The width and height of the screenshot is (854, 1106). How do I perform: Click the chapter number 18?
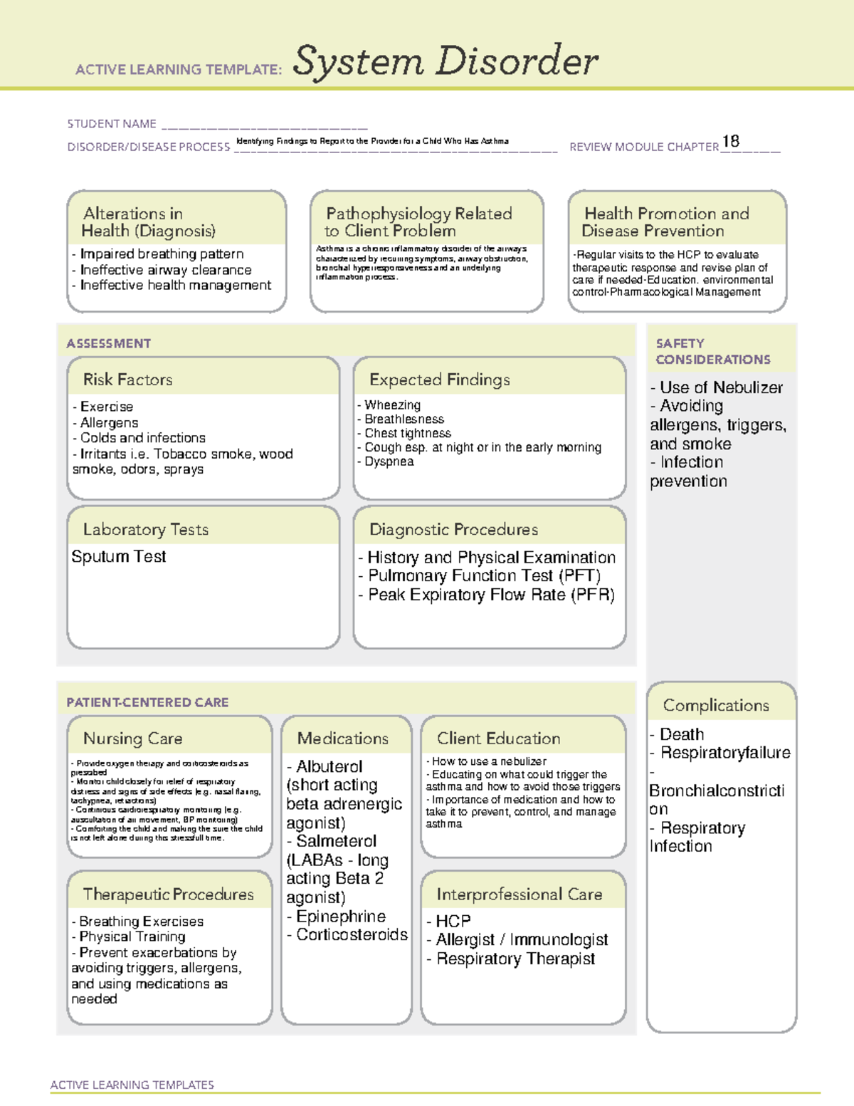pos(730,142)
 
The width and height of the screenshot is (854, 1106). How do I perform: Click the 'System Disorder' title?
pos(446,61)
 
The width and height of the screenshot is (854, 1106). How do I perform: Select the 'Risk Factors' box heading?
pos(128,380)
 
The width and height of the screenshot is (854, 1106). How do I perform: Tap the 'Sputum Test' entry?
pos(119,557)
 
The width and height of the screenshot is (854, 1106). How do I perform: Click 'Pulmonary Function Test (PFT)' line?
pos(484,576)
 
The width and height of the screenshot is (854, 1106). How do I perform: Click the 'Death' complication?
pos(681,734)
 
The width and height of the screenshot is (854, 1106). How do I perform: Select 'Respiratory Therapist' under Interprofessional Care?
pos(515,959)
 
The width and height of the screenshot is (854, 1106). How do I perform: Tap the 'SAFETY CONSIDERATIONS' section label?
pos(712,352)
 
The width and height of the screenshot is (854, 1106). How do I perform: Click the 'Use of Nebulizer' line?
pos(720,388)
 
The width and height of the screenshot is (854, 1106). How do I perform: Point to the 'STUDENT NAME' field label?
pos(112,124)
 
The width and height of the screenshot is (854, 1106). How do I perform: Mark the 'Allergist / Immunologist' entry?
pos(522,940)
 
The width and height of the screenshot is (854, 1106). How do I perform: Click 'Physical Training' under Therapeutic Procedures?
pos(132,937)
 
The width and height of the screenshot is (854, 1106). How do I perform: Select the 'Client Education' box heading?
pos(498,739)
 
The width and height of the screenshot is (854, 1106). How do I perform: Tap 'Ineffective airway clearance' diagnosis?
pos(166,270)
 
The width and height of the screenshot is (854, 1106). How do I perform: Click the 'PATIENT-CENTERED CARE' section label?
pos(147,702)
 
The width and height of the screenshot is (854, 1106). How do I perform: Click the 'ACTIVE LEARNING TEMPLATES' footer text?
pos(132,1085)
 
